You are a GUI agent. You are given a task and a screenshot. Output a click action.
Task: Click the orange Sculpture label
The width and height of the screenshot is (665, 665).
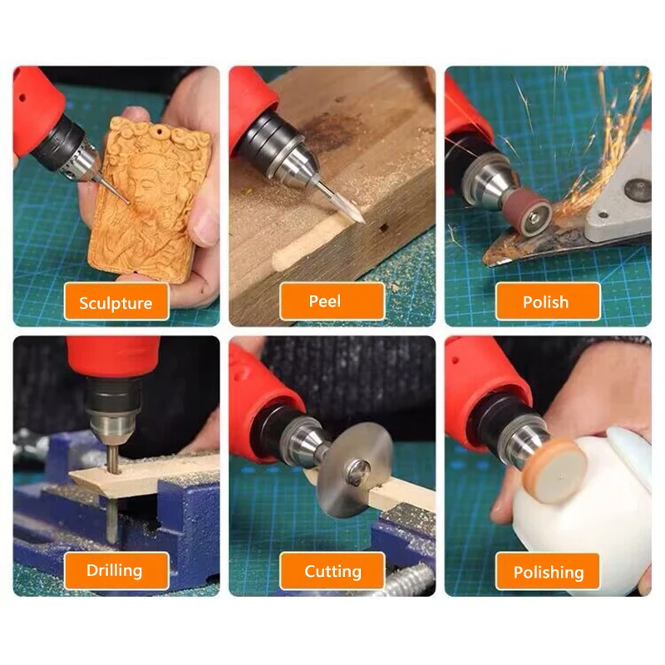coord(116,302)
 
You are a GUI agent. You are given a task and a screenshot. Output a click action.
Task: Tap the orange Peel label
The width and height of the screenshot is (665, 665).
coord(332,301)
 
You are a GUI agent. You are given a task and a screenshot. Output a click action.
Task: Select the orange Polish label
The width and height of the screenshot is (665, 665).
coord(548,302)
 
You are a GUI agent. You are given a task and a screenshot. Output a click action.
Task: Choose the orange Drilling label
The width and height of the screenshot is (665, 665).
coord(116,571)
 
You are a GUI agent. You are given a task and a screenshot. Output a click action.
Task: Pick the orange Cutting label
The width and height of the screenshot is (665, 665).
coord(332,571)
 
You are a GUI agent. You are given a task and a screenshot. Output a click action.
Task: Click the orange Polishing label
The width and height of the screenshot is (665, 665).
coord(548,571)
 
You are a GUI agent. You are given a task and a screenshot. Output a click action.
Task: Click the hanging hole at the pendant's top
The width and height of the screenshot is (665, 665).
coord(159,131)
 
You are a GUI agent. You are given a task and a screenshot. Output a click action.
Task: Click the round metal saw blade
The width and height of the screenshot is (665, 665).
coord(356,469)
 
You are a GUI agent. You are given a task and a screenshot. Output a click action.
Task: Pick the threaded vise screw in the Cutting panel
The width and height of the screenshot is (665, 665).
coord(407,580)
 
